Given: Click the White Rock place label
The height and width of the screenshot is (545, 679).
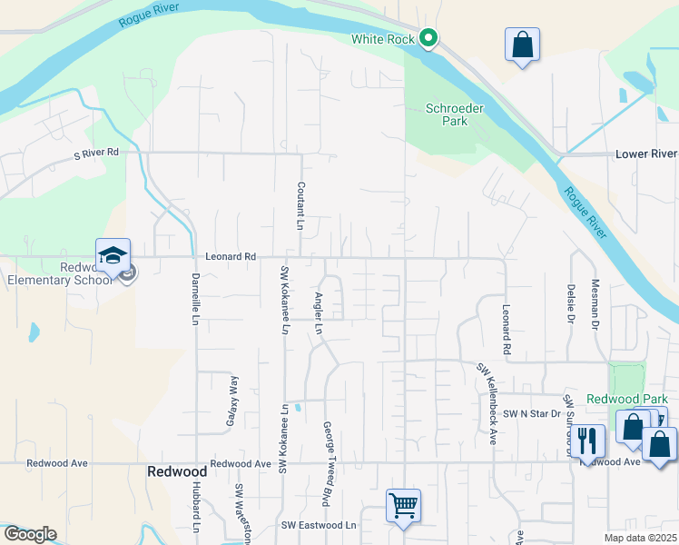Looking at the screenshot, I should (x=382, y=39).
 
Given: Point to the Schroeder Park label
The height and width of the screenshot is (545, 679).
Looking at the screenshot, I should (x=447, y=114).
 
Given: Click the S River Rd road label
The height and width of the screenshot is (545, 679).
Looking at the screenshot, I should (x=96, y=154).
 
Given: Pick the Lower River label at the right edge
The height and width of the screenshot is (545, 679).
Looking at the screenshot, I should (x=646, y=154).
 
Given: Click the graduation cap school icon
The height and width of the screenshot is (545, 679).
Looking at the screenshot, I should (x=113, y=257).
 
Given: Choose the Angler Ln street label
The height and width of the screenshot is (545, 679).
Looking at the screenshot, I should (x=319, y=313).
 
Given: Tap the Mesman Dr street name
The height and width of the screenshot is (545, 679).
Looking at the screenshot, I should (x=595, y=304).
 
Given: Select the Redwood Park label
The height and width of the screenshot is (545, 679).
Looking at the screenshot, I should (x=626, y=399).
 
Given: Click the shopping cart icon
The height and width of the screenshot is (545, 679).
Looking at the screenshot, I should (x=402, y=504).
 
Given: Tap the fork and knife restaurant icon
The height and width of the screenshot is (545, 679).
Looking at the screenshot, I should (x=588, y=441).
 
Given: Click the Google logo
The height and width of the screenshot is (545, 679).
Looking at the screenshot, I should (x=29, y=534).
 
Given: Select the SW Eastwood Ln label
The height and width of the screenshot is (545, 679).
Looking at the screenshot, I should (x=319, y=525).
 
